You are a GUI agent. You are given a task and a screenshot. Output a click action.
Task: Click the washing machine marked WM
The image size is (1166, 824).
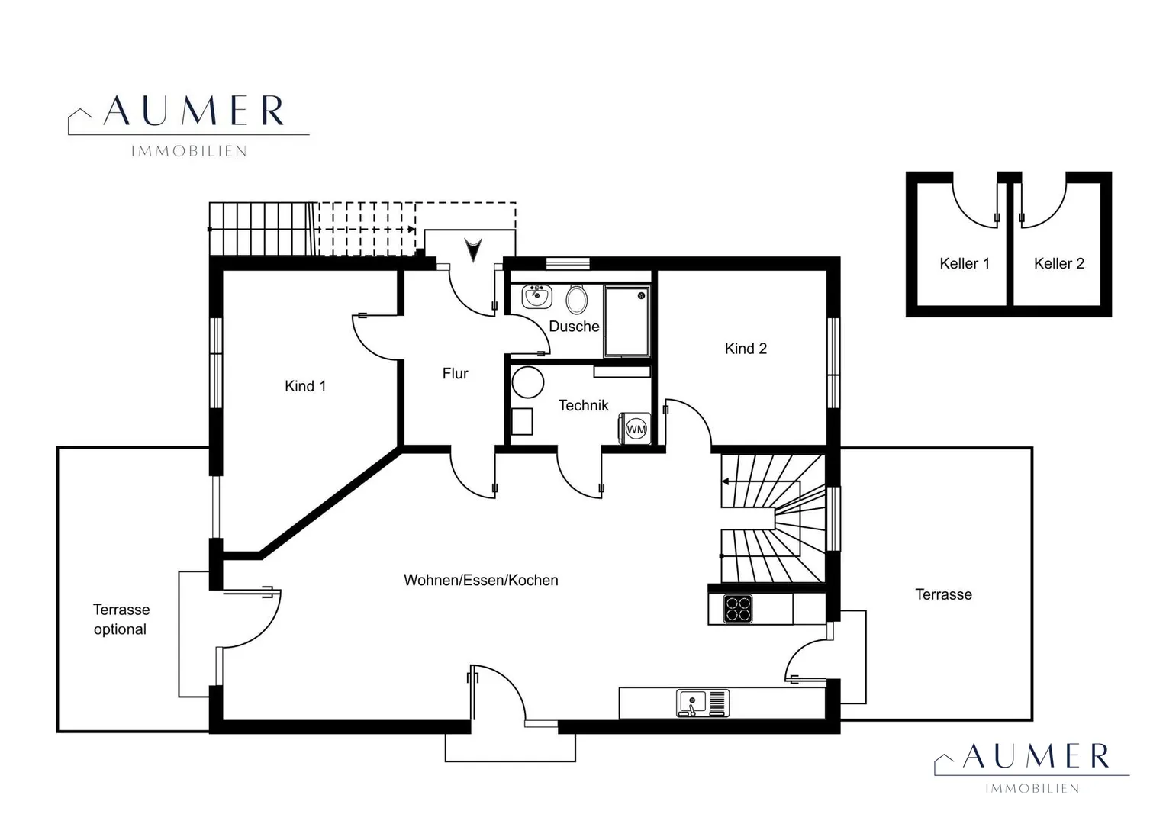635,428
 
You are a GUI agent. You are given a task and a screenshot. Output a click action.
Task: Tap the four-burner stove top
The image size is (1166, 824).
738,609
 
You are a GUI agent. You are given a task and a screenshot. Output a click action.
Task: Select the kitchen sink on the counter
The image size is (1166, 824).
703,703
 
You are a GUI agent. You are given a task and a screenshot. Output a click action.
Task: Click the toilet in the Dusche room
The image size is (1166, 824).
576,299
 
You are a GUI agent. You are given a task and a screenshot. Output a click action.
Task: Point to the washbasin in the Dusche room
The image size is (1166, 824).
536,297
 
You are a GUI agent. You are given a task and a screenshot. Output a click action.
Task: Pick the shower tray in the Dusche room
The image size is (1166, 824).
627,321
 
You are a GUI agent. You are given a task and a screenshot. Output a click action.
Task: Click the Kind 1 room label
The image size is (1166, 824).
305,386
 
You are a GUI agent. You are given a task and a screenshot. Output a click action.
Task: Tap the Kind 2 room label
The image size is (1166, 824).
746,349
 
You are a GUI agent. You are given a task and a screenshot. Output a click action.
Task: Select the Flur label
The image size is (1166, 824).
455,373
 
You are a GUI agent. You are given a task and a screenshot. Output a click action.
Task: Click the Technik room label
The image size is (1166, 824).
583,405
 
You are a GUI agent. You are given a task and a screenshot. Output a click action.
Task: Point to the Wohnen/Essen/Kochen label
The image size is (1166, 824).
481,581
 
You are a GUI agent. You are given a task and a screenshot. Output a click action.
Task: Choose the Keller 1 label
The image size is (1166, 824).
965,263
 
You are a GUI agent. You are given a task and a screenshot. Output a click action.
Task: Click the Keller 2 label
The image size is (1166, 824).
1058,263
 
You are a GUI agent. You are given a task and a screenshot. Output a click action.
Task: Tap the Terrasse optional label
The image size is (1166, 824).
121,620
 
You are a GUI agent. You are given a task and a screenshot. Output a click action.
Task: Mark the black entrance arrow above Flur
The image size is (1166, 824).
474,250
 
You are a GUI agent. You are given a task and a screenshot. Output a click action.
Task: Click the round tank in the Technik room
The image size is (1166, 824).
528,382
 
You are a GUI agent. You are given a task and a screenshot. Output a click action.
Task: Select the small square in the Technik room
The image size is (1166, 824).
522,422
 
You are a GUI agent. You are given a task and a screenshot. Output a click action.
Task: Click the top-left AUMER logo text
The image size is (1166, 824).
194,111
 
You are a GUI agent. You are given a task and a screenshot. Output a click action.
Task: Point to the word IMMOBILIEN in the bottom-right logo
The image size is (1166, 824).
1032,789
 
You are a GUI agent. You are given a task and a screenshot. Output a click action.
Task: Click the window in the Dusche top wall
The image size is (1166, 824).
568,263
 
